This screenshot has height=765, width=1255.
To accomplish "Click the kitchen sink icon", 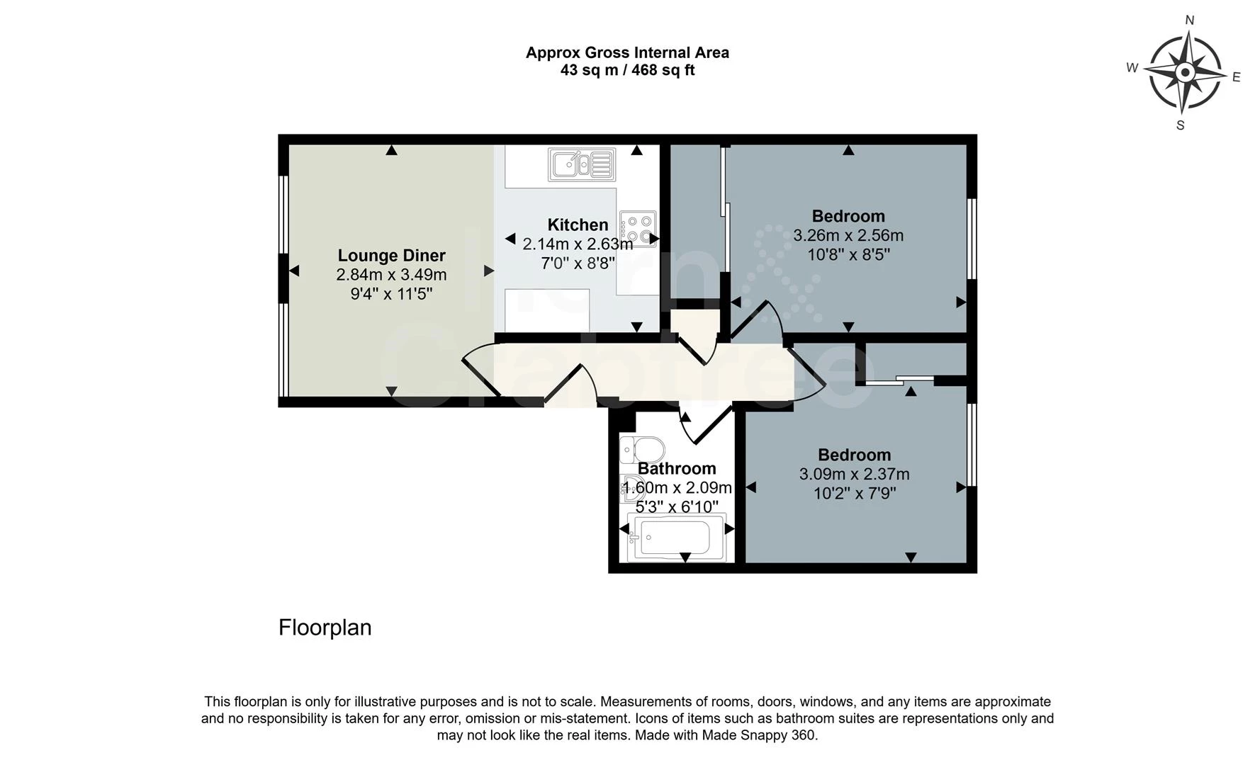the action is tap(581, 164).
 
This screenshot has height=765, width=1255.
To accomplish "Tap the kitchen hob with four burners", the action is tap(637, 228).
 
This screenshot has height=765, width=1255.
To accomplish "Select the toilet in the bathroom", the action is tap(642, 450).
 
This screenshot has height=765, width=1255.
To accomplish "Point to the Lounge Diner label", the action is tap(391, 255).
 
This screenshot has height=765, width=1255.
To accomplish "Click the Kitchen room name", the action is tap(578, 225).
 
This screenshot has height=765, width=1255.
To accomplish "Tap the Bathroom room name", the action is tap(677, 468).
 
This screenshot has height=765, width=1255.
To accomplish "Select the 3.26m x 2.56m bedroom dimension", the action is tap(848, 235).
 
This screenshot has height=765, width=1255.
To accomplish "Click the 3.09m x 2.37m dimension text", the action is tap(855, 474).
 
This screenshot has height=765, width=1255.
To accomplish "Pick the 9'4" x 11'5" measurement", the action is tap(391, 293).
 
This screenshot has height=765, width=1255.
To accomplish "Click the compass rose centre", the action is tap(1185, 72).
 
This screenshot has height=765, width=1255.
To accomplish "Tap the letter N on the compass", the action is tap(1190, 20).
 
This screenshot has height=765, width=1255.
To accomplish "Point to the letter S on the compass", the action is tap(1180, 125).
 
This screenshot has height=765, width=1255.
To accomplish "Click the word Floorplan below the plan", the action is tap(325, 628).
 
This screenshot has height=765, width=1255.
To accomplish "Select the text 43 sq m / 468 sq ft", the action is tap(627, 70).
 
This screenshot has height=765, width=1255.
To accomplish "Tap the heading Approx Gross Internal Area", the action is tap(627, 52).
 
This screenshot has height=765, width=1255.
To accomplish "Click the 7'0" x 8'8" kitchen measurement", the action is tap(578, 263).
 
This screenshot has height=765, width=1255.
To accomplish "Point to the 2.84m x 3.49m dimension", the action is tap(391, 274).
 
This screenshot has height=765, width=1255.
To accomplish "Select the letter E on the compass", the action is tap(1237, 77).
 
